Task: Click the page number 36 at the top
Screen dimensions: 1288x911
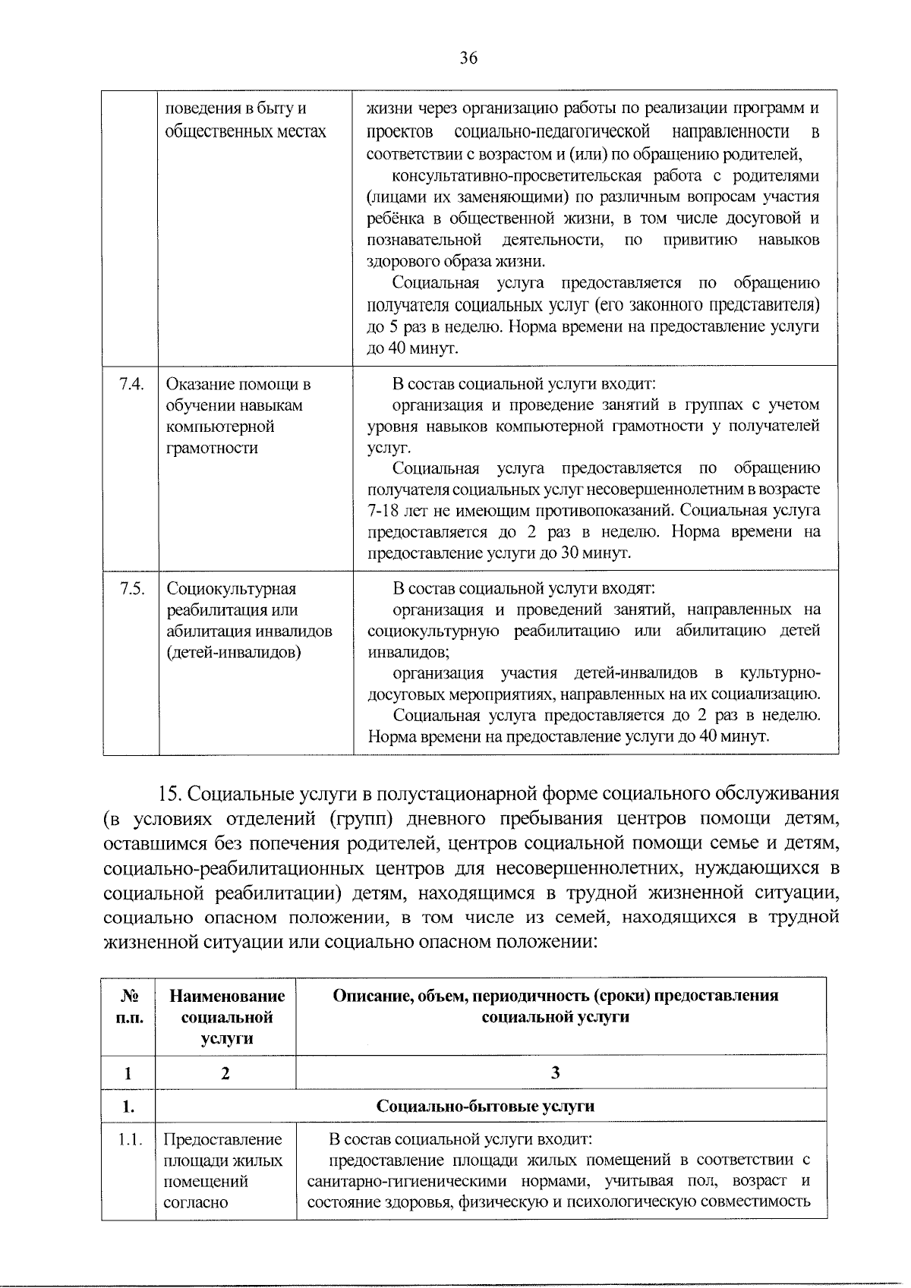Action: point(468,58)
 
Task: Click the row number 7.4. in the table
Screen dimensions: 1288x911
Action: point(131,384)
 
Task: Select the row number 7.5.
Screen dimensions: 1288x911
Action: point(131,589)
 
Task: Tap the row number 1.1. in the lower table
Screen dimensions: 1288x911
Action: point(129,1139)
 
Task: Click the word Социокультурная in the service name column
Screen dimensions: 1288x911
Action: point(232,589)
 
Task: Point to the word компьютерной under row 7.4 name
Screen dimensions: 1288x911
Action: point(220,427)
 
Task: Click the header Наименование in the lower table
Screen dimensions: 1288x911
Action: point(227,996)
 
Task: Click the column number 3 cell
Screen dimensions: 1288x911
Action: point(556,1072)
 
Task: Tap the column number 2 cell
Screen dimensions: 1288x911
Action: point(225,1073)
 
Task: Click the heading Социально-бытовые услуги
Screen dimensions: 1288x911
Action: point(486,1106)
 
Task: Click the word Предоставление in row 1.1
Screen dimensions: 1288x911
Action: point(222,1139)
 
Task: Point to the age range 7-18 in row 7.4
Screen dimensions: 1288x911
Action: point(387,511)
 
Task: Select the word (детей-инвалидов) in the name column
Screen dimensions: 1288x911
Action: point(234,653)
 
